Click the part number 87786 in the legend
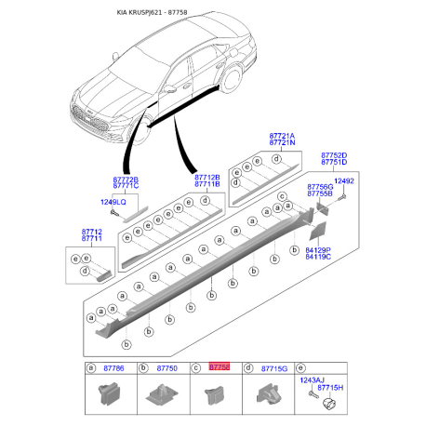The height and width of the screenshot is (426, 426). point(115,369)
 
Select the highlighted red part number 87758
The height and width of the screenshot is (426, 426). point(220,369)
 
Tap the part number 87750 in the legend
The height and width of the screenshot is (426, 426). point(167,369)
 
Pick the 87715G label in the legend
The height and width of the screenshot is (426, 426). point(273,369)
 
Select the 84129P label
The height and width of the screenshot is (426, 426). point(318,250)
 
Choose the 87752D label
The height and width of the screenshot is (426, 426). point(334,155)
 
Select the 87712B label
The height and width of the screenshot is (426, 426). point(206,177)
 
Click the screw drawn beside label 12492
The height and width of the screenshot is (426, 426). point(343,196)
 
